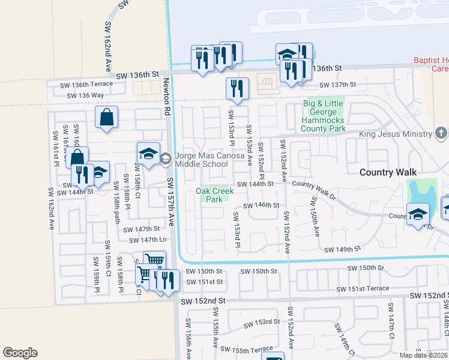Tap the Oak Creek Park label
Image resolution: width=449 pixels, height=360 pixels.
(213, 195)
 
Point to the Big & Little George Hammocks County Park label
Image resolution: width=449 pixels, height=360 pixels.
(324, 116)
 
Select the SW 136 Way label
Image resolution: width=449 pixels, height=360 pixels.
(85, 95)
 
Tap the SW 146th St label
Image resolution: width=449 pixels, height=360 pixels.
(261, 205)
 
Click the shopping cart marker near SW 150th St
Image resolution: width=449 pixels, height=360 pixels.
(154, 260)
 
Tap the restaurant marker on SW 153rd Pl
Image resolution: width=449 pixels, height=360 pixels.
(237, 88)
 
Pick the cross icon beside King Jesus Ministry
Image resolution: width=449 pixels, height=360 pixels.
(441, 133)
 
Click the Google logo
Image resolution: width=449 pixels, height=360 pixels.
(20, 353)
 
